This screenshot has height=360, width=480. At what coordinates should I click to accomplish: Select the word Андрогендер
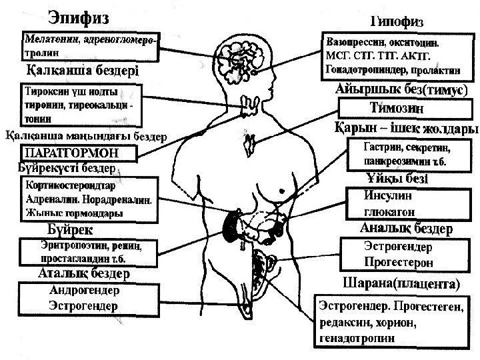pos(85,291)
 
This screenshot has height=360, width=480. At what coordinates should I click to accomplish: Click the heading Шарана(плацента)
pos(400,283)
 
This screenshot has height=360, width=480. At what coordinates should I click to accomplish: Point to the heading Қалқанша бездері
pos(81,70)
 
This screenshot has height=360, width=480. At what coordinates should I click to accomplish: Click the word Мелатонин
pos(52,39)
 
